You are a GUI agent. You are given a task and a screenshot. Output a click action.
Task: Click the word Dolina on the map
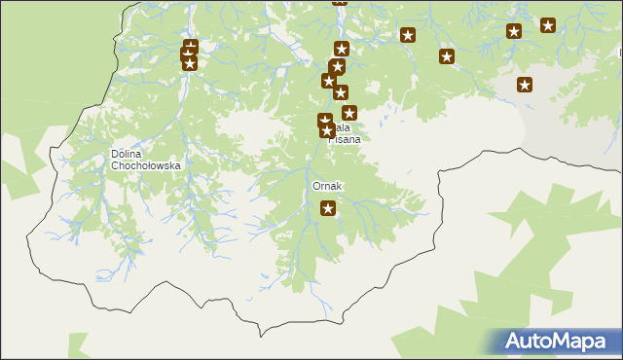tap(128, 154)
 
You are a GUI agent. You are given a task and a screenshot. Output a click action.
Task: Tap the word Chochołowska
tap(146, 165)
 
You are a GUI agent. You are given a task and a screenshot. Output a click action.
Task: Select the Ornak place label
tap(327, 186)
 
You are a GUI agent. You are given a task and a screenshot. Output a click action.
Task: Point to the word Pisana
tap(344, 139)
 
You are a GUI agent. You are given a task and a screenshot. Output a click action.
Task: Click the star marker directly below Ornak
tap(328, 207)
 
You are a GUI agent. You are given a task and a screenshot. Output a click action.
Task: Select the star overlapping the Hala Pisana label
tap(326, 129)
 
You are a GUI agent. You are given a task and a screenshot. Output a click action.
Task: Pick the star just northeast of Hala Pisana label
tap(349, 113)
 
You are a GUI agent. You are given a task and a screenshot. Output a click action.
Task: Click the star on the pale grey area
tap(525, 85)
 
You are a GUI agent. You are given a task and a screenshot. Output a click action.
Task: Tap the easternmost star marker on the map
tap(548, 25)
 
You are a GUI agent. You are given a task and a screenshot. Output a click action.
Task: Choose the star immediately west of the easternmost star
tap(514, 31)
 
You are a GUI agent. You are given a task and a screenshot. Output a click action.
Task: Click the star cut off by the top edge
tap(339, 2)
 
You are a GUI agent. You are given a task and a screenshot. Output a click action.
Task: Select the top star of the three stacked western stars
tap(191, 46)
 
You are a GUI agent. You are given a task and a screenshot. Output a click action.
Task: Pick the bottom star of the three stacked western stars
tap(189, 64)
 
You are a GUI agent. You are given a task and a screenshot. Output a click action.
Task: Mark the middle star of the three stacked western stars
tap(190, 54)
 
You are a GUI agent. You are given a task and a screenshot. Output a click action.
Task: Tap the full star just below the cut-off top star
tap(342, 49)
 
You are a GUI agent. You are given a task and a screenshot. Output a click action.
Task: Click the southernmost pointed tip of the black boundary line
tap(261, 336)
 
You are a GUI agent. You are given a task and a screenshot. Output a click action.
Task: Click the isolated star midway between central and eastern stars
tap(408, 36)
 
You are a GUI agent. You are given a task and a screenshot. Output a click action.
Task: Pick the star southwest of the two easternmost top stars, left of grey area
tap(447, 56)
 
